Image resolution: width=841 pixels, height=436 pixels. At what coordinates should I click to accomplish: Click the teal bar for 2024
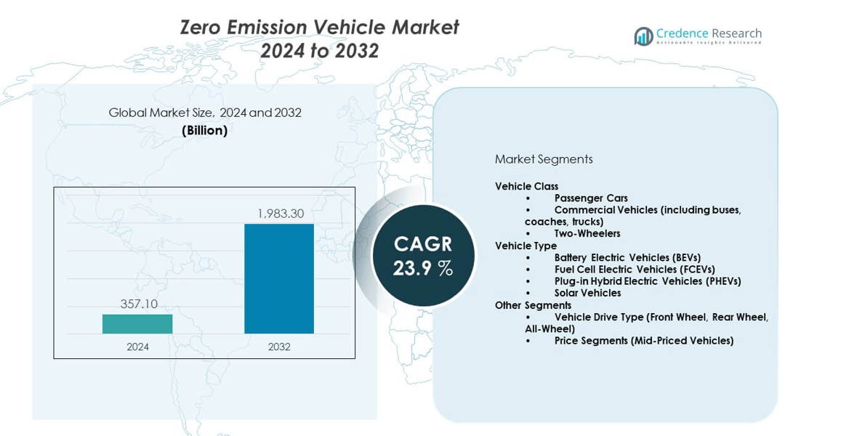(x=137, y=324)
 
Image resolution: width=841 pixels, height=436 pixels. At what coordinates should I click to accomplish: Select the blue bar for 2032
(x=279, y=279)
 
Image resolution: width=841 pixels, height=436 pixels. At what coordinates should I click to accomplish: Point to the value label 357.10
(x=139, y=304)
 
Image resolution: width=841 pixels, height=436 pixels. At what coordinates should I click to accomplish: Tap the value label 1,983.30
(x=280, y=214)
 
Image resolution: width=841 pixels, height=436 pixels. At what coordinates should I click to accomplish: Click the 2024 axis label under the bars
(x=137, y=347)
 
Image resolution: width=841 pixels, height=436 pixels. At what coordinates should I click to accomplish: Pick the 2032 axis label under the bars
(x=279, y=347)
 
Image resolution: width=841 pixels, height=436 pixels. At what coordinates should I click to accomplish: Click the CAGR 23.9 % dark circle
(x=423, y=256)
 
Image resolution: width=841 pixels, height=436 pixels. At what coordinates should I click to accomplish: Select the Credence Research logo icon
(x=643, y=36)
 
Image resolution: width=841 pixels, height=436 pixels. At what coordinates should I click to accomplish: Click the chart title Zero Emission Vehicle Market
(x=320, y=28)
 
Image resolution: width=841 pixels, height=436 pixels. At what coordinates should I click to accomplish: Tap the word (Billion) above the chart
(x=204, y=131)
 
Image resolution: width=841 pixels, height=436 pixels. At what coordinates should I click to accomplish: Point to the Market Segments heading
(x=544, y=159)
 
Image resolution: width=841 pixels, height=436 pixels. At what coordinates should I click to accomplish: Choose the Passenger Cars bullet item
(x=591, y=198)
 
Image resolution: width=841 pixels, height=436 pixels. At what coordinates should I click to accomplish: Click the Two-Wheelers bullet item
(x=587, y=233)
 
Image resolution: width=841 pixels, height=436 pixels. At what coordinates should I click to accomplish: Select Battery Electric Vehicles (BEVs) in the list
(x=627, y=257)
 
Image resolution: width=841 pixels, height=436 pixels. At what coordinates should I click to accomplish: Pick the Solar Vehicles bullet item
(x=587, y=293)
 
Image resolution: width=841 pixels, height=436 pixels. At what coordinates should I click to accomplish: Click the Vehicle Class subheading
(x=527, y=186)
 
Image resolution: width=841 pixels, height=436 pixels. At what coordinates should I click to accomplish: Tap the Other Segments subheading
(x=533, y=305)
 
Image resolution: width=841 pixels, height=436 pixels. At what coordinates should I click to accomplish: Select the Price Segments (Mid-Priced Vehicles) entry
(x=643, y=340)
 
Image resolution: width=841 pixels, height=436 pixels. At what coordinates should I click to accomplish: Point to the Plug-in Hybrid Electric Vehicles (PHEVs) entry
(x=648, y=281)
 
